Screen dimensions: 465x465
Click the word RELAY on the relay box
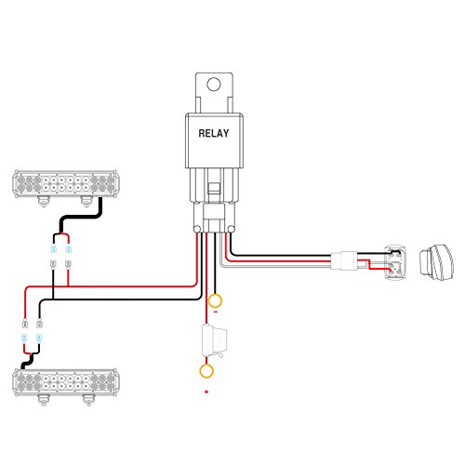214,133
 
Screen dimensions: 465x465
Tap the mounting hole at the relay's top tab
214,84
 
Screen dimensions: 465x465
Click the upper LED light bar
66,183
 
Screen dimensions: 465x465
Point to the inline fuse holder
214,340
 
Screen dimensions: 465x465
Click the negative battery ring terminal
215,301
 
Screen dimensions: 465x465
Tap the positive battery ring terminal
206,371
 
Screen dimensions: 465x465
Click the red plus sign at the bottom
206,392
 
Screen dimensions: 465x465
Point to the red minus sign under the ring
216,312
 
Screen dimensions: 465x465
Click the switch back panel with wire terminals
395,262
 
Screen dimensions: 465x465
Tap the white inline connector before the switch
344,260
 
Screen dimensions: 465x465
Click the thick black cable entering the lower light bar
28,361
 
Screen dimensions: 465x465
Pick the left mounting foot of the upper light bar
44,202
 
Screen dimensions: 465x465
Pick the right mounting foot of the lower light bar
89,400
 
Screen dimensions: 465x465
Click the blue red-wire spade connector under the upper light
69,248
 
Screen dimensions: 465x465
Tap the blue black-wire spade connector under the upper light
53,248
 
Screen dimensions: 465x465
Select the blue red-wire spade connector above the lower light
24,338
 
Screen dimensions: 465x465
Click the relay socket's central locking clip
214,188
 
